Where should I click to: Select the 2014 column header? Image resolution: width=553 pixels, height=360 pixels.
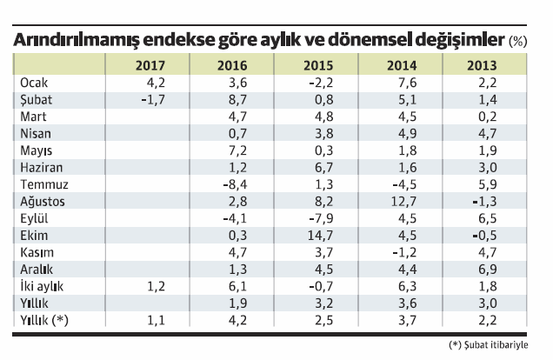click(x=403, y=65)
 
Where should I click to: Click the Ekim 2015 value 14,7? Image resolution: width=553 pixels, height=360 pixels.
click(x=313, y=234)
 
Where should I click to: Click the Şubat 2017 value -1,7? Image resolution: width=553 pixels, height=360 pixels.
click(x=152, y=99)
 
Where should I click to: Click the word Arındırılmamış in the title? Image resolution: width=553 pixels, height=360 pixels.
click(x=72, y=40)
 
